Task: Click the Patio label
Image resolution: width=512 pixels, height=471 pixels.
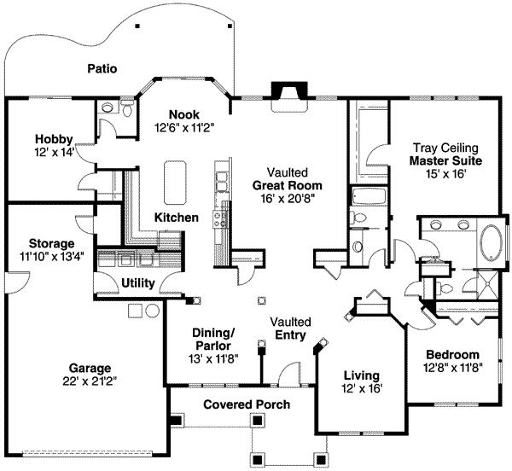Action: pos(102,68)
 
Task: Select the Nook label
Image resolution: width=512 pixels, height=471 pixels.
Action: pos(183,114)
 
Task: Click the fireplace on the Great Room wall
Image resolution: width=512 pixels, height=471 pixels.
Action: pos(282,91)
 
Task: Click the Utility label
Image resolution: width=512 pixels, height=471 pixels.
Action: pos(137,282)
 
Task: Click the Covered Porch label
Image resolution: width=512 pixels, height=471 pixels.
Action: pos(247,404)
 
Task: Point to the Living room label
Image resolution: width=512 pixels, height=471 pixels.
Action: pos(361,375)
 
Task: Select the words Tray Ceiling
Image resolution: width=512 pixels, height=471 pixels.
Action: pos(445,148)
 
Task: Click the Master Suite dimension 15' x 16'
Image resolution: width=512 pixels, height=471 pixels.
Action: pos(445,173)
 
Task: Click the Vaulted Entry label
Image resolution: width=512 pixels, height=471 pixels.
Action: pos(290,329)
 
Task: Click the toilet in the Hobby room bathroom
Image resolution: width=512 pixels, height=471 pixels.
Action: pos(127,109)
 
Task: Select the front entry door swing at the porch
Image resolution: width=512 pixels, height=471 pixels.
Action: pos(290,373)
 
